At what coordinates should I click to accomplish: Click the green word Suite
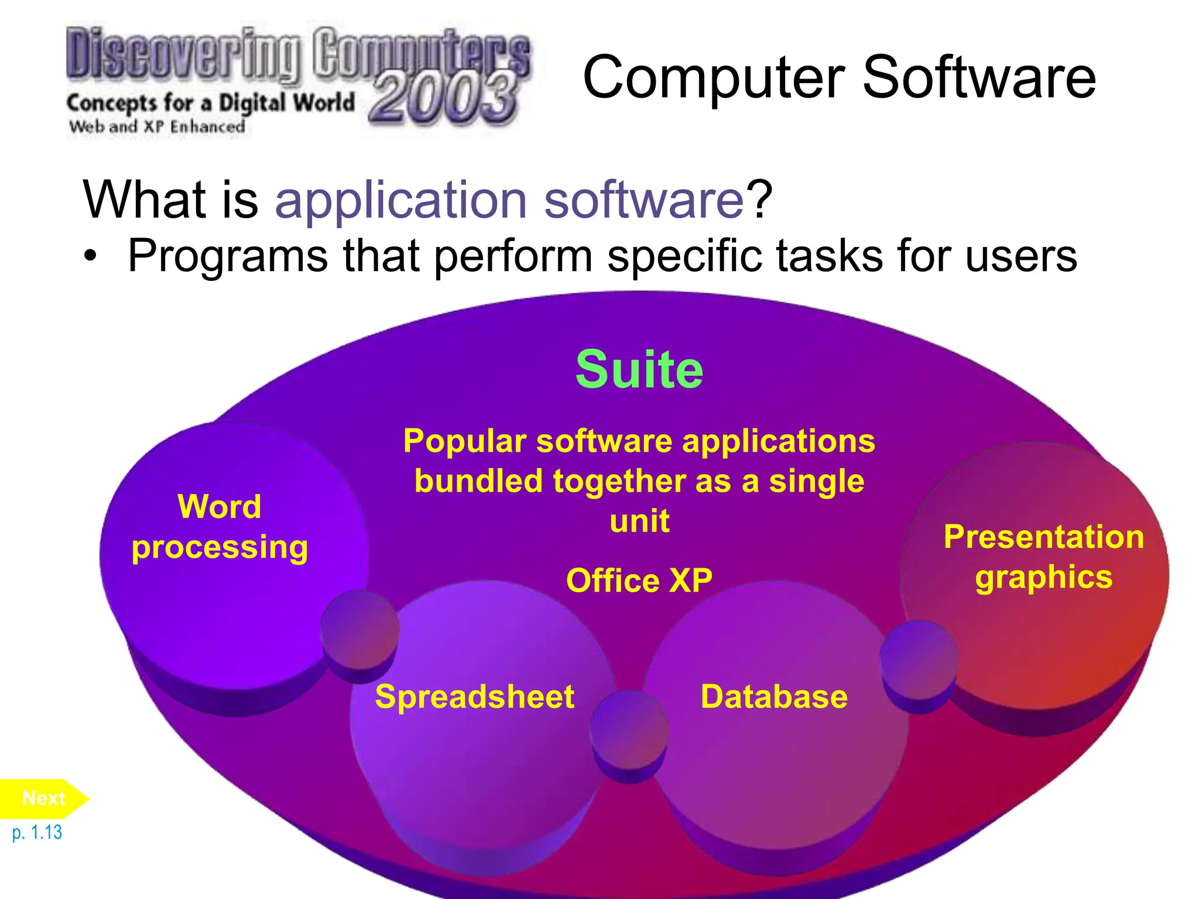click(639, 369)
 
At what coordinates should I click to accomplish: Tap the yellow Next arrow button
click(44, 798)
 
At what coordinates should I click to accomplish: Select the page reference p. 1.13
click(37, 832)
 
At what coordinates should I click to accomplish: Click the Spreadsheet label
click(475, 696)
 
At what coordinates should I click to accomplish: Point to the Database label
click(774, 696)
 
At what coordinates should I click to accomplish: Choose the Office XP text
click(639, 581)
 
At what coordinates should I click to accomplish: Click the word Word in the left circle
click(220, 506)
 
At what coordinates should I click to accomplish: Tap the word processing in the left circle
click(220, 548)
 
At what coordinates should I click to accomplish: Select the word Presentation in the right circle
click(1044, 537)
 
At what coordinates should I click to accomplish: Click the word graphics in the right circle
click(1044, 578)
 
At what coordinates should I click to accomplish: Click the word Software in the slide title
click(979, 77)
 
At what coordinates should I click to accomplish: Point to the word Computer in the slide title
click(714, 78)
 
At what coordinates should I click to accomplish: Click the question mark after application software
click(759, 199)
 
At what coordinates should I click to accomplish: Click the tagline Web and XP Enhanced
click(157, 126)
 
